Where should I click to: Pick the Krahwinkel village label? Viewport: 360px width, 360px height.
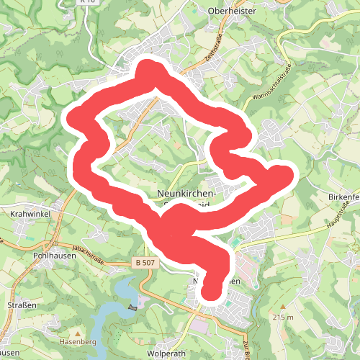click(x=28, y=215)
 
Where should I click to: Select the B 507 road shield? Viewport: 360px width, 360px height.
click(x=145, y=263)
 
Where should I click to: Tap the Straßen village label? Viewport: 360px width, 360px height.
click(x=21, y=305)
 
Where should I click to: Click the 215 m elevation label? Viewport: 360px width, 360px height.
click(x=284, y=317)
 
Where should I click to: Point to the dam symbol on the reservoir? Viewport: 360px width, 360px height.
click(x=132, y=307)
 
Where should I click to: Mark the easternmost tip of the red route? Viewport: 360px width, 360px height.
click(x=287, y=174)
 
